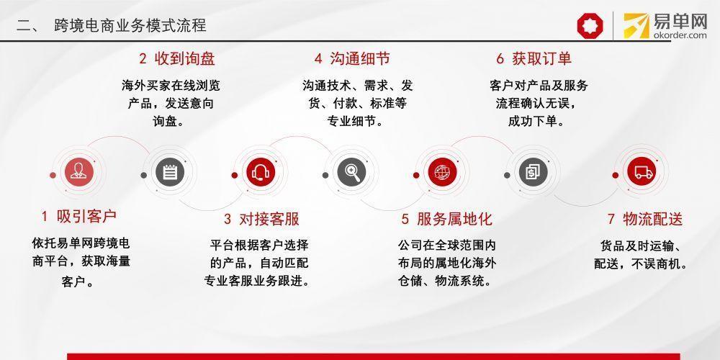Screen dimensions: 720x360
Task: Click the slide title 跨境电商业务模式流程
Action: (x=130, y=24)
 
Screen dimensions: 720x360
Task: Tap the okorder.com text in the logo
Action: (x=680, y=35)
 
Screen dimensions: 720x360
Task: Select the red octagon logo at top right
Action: (x=590, y=25)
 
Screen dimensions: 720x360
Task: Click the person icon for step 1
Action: (x=79, y=173)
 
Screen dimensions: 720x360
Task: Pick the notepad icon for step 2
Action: (x=169, y=173)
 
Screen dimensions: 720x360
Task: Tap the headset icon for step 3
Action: (x=261, y=173)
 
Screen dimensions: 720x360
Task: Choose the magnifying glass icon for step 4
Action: (x=351, y=173)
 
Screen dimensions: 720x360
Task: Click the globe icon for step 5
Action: (x=442, y=173)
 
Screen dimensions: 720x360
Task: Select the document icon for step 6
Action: (x=533, y=173)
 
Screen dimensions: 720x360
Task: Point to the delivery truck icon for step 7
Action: (x=642, y=173)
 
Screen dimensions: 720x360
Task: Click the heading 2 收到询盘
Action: (x=177, y=59)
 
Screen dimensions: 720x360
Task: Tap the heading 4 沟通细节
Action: (x=352, y=59)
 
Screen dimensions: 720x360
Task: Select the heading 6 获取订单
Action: (x=534, y=59)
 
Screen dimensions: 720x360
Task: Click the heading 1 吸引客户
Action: (x=79, y=216)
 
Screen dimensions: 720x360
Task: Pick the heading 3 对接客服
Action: (x=261, y=219)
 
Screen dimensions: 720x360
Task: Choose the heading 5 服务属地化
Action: (x=446, y=219)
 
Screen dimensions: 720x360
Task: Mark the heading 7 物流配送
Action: (x=644, y=219)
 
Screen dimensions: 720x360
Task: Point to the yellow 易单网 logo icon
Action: (x=636, y=25)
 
